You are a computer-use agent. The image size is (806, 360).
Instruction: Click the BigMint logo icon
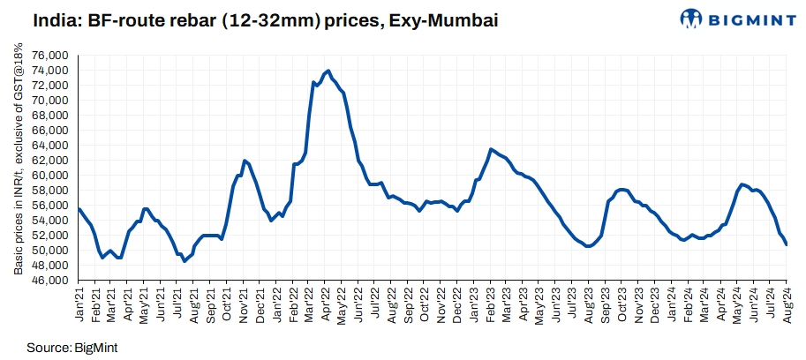click(693, 18)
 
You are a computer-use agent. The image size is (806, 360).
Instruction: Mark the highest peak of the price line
click(328, 71)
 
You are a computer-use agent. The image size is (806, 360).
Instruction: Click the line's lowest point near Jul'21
click(185, 261)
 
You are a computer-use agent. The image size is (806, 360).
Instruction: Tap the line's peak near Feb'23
click(491, 149)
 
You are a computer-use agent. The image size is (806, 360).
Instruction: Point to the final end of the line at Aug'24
click(787, 244)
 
